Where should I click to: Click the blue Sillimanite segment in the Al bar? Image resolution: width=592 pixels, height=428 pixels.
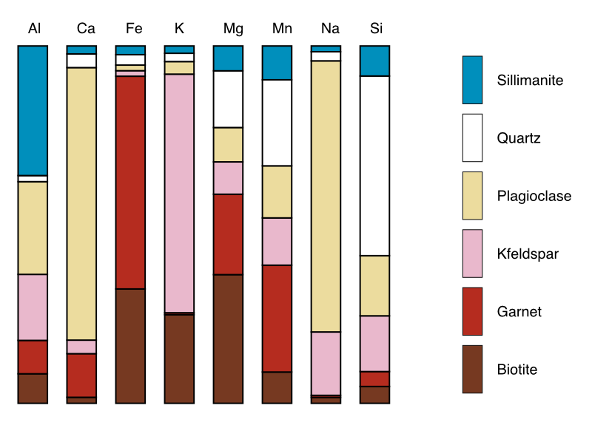coord(33,110)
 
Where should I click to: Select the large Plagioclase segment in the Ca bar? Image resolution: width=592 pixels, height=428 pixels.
coord(81,203)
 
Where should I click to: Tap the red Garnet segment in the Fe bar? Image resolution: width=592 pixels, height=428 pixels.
coord(130,182)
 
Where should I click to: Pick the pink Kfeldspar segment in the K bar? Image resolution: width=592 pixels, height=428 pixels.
coord(179,193)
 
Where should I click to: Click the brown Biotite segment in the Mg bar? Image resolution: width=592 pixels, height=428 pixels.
coord(228,339)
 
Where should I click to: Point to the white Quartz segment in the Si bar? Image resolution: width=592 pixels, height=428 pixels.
coord(374,166)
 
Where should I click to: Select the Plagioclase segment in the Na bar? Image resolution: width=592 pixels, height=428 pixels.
coord(326,196)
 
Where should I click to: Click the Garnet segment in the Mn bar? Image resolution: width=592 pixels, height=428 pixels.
coord(277,318)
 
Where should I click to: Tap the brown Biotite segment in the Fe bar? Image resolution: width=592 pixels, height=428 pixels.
coord(130,345)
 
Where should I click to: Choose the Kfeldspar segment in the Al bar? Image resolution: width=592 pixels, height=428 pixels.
coord(33,307)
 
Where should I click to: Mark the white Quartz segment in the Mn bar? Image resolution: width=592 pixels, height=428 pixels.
coord(277,122)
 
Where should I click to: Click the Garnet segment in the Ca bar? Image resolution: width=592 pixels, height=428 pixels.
coord(81,375)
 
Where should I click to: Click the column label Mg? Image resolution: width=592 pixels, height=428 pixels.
coord(233,29)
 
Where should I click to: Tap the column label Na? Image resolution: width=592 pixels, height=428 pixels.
coord(330,29)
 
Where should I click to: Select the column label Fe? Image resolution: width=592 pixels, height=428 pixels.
coord(134,29)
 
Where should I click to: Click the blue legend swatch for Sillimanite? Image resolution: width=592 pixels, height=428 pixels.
coord(472,80)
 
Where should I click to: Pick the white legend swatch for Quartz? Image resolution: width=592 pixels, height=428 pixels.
coord(472,137)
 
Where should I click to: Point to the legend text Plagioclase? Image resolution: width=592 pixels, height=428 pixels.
coord(534,196)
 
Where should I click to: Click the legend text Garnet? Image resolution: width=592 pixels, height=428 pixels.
coord(519,311)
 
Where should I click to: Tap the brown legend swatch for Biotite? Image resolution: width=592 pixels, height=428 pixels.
coord(472,369)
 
